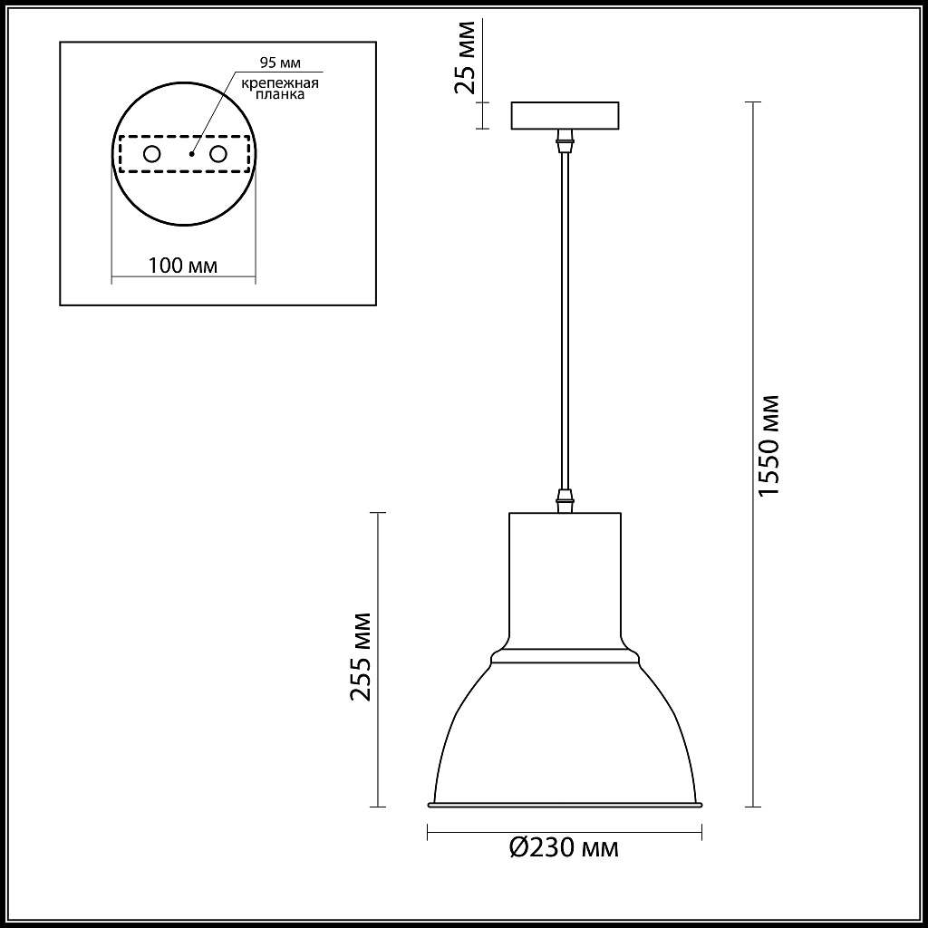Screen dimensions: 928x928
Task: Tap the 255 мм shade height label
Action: (362, 657)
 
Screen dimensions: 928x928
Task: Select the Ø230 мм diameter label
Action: (564, 848)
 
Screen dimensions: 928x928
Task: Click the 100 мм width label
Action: (182, 266)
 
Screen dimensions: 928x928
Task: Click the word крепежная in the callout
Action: (279, 83)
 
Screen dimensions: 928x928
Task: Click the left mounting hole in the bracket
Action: (151, 154)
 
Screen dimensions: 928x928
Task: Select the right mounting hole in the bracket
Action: (217, 154)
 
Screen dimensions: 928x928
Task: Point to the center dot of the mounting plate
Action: (191, 155)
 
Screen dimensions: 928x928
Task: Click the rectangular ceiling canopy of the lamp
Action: (565, 115)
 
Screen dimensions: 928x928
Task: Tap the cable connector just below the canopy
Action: (565, 140)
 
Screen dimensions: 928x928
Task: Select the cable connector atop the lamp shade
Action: (565, 500)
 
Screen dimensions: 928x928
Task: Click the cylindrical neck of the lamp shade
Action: (565, 580)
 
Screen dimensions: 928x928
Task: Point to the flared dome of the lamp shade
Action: (565, 734)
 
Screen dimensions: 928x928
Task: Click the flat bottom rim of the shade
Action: (565, 805)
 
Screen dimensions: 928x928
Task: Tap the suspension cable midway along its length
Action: (565, 317)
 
